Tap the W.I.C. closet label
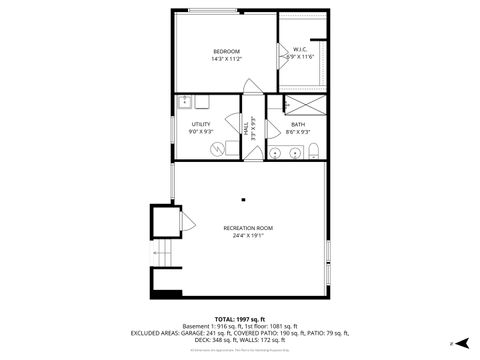coord(299,49)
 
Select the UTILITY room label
coord(201,124)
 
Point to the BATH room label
coord(298,124)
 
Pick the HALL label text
coord(246,129)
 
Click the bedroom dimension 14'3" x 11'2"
coord(226,59)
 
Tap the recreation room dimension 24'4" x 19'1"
coord(247,237)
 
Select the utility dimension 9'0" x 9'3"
coord(201,132)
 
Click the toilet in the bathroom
coord(314,151)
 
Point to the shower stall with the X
coord(303,104)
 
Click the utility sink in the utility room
coord(186,102)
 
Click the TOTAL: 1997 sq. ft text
coord(239,318)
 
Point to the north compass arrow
coord(453,342)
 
